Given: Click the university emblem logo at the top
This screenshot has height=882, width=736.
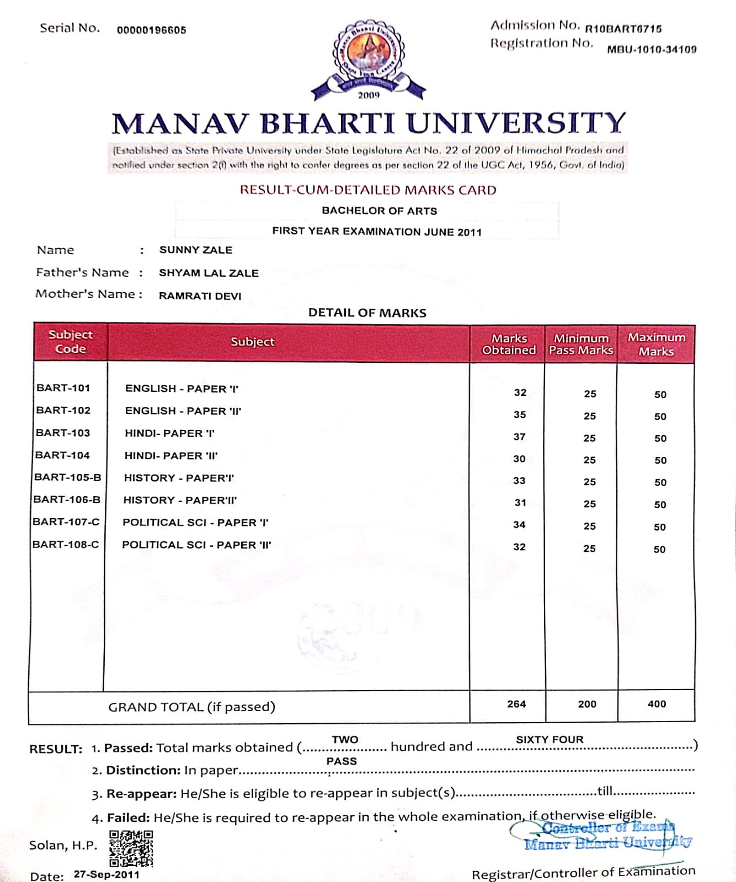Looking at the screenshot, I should pos(368,60).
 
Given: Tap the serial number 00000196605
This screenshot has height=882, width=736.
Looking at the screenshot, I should pos(151,30).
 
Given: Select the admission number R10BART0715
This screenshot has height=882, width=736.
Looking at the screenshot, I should pos(623,29).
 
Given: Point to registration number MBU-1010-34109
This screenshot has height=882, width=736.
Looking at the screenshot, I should pos(652,50).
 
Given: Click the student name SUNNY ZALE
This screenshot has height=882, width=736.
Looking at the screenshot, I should pos(195,250).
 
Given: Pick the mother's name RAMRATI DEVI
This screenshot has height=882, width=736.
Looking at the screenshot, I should pos(200,296).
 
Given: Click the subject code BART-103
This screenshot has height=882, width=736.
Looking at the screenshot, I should pos(63,433).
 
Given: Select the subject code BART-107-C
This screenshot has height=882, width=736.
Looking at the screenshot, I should pos(66,521).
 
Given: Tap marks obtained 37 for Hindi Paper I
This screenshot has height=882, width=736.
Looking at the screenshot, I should pos(519,437).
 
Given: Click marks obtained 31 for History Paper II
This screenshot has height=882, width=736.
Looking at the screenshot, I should pos(520,503).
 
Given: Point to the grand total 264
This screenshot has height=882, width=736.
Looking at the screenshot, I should pos(516,704).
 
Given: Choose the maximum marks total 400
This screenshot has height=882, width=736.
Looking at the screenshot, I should pos(657,704).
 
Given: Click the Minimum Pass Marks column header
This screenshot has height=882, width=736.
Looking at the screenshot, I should pos(581,344).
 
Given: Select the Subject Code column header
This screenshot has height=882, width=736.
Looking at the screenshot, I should pos(71,342).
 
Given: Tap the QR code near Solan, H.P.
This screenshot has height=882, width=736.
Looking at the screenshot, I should pos(131,848).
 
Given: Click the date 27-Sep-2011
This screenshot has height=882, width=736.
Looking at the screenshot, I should pos(106,874).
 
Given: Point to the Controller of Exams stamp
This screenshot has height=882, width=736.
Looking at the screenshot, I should pos(604,835).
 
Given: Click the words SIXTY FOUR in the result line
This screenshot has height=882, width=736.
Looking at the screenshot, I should pos(550,739).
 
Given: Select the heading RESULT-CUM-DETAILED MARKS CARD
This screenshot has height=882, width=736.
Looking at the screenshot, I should pos(368,190).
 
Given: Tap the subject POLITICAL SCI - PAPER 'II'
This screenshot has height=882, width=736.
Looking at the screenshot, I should pos(196,545).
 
